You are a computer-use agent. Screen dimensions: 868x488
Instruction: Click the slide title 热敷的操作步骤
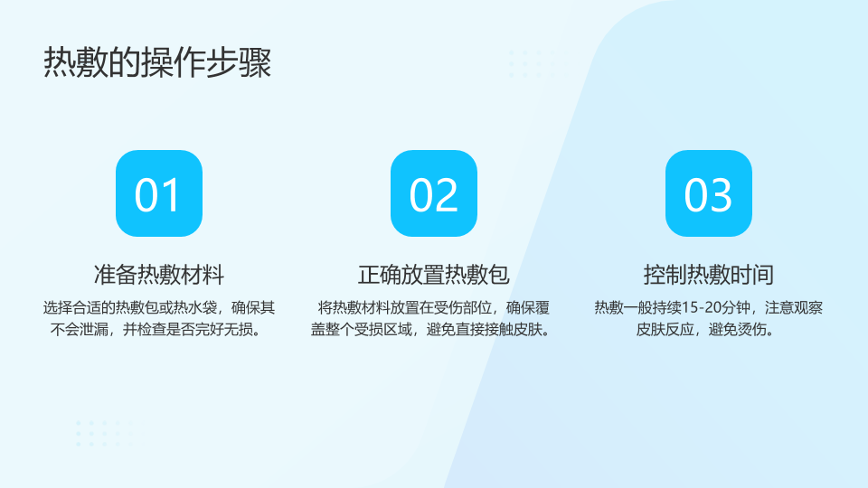pyautogui.click(x=157, y=62)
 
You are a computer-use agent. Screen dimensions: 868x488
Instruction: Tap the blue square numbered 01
pyautogui.click(x=159, y=193)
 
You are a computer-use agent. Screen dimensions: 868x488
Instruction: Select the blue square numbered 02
pyautogui.click(x=434, y=193)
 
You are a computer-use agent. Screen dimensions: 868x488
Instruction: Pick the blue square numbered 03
pyautogui.click(x=709, y=193)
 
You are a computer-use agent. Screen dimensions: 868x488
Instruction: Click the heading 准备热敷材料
pyautogui.click(x=159, y=275)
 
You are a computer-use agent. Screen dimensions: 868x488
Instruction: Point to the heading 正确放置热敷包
pyautogui.click(x=433, y=275)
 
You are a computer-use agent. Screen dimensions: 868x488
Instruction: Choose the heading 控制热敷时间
pyautogui.click(x=709, y=275)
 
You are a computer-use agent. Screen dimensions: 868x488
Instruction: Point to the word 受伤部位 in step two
pyautogui.click(x=463, y=307)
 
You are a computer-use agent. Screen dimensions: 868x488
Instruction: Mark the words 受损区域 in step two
pyautogui.click(x=383, y=330)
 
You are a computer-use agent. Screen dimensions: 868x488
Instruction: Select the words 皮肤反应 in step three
pyautogui.click(x=665, y=330)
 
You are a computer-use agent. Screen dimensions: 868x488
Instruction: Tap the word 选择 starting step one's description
pyautogui.click(x=58, y=307)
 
